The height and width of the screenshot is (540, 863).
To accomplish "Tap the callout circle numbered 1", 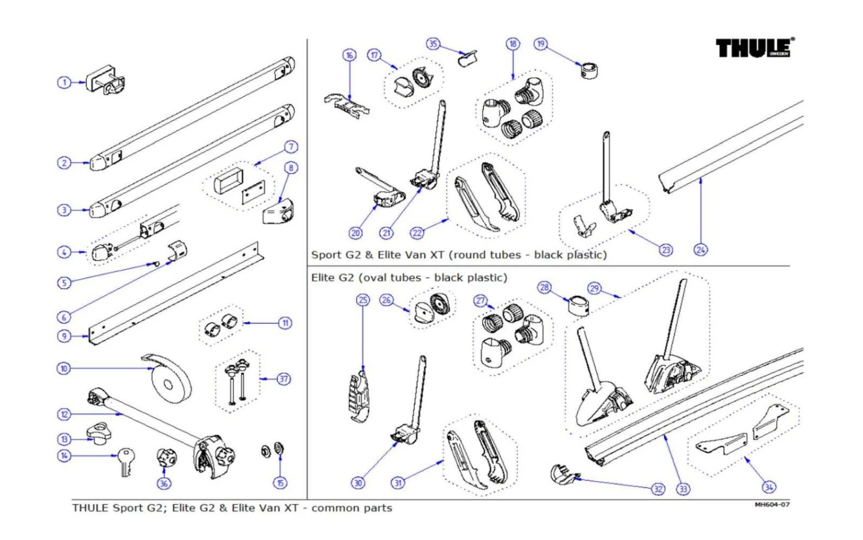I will tap(64, 82).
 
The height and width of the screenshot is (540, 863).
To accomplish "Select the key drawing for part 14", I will tap(126, 462).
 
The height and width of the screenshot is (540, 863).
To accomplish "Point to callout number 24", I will tap(700, 250).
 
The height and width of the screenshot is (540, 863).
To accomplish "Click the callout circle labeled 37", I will tap(284, 379).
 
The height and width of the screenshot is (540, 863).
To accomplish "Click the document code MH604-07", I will tap(772, 505).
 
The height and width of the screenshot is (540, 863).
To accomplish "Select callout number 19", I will tap(540, 44).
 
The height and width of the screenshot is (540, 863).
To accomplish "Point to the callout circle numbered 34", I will tap(769, 487).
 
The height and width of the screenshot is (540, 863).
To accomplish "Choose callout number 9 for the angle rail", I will tap(64, 336).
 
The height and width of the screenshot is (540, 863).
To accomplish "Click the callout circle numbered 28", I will tap(544, 287).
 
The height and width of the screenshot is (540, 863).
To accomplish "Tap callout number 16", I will tap(349, 55).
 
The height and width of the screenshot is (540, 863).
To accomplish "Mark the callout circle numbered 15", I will tap(281, 482).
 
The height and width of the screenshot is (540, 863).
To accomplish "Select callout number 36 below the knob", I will tap(164, 483).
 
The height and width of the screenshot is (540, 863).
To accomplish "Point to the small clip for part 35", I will tap(468, 58).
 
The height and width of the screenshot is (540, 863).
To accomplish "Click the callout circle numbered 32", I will tap(658, 489).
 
